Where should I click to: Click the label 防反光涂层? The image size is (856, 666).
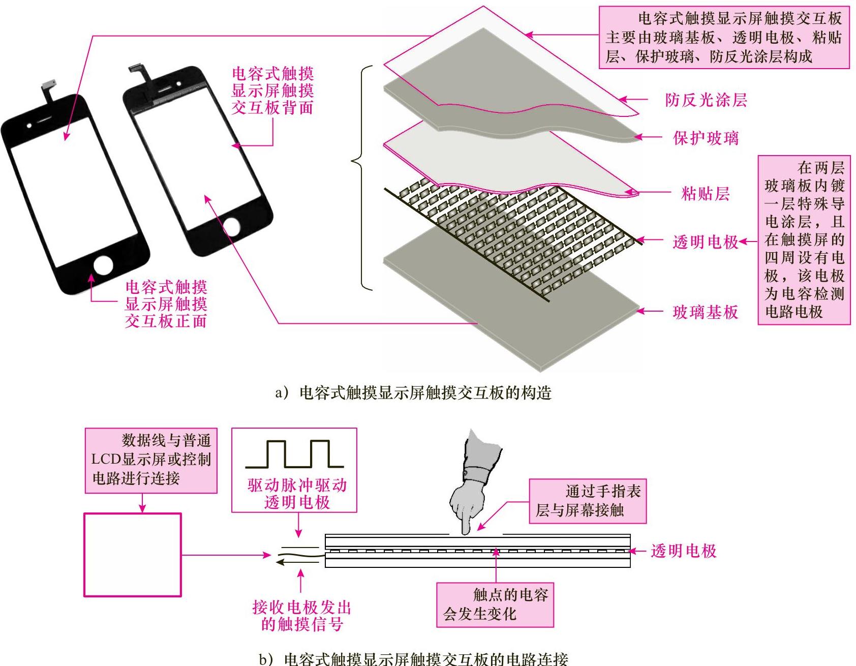(x=706, y=100)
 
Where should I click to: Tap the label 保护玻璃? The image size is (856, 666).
(x=706, y=138)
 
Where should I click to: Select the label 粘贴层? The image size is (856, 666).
(x=705, y=194)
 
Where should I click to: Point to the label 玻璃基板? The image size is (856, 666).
(x=705, y=312)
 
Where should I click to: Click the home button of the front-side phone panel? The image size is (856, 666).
(x=104, y=265)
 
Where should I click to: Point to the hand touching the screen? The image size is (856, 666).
(x=473, y=488)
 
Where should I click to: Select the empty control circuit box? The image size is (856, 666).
(x=133, y=555)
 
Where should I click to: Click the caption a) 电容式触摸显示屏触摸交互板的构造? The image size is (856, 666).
(x=413, y=392)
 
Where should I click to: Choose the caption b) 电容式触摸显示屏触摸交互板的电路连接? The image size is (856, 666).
(x=413, y=659)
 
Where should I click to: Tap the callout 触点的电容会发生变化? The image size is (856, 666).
(x=495, y=604)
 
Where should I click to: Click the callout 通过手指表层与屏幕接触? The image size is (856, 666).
(x=588, y=501)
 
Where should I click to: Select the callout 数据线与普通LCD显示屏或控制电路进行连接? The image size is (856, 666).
(x=151, y=460)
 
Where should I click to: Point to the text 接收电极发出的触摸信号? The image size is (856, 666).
(x=302, y=616)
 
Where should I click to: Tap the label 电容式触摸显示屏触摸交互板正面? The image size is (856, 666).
(x=166, y=304)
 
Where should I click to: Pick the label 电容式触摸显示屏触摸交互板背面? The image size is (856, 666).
(x=272, y=90)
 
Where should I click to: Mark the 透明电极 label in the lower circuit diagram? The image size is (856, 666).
(x=683, y=551)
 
